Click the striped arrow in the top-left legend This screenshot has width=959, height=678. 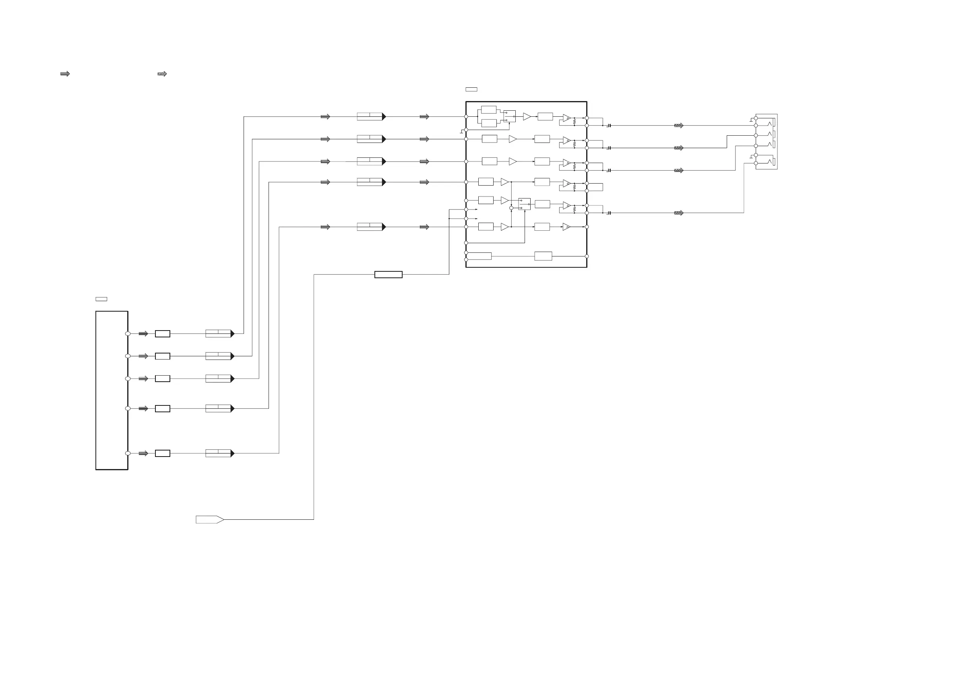(x=65, y=74)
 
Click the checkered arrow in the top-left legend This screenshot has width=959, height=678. (x=162, y=74)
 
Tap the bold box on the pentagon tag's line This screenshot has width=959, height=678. (x=388, y=275)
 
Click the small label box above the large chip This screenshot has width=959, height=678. (x=471, y=89)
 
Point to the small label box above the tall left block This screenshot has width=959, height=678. (x=101, y=299)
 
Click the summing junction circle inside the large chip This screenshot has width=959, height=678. (x=511, y=208)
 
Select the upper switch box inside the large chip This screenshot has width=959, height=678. (x=510, y=116)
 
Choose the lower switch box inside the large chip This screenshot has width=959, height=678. (x=524, y=204)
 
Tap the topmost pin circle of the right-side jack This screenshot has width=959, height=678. (x=756, y=118)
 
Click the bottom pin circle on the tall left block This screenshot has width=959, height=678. (x=128, y=453)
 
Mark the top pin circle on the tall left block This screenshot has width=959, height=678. (x=128, y=334)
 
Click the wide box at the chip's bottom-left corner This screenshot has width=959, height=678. (x=479, y=256)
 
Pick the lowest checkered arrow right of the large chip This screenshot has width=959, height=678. (x=679, y=213)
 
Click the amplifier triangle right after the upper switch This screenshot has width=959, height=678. (x=527, y=116)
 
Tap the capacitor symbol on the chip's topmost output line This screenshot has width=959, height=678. (x=610, y=125)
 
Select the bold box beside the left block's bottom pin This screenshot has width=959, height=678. (x=163, y=453)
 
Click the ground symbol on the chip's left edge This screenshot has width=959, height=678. (x=461, y=132)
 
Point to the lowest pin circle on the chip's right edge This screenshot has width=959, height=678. (x=587, y=256)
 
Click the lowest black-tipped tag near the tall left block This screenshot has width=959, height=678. (x=220, y=453)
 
